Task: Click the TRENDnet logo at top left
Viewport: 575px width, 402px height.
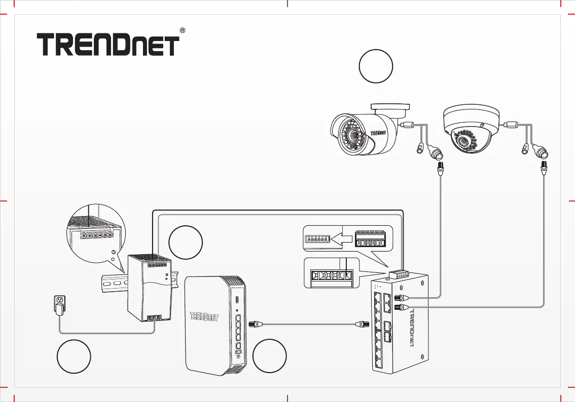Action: [108, 45]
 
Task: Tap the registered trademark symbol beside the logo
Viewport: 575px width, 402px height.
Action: [182, 31]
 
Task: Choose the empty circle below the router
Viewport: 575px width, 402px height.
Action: [270, 358]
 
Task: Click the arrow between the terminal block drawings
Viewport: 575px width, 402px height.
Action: [340, 238]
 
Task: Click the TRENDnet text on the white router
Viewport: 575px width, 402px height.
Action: [204, 317]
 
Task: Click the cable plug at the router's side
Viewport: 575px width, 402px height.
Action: [253, 323]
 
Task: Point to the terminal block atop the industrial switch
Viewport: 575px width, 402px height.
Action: [400, 274]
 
